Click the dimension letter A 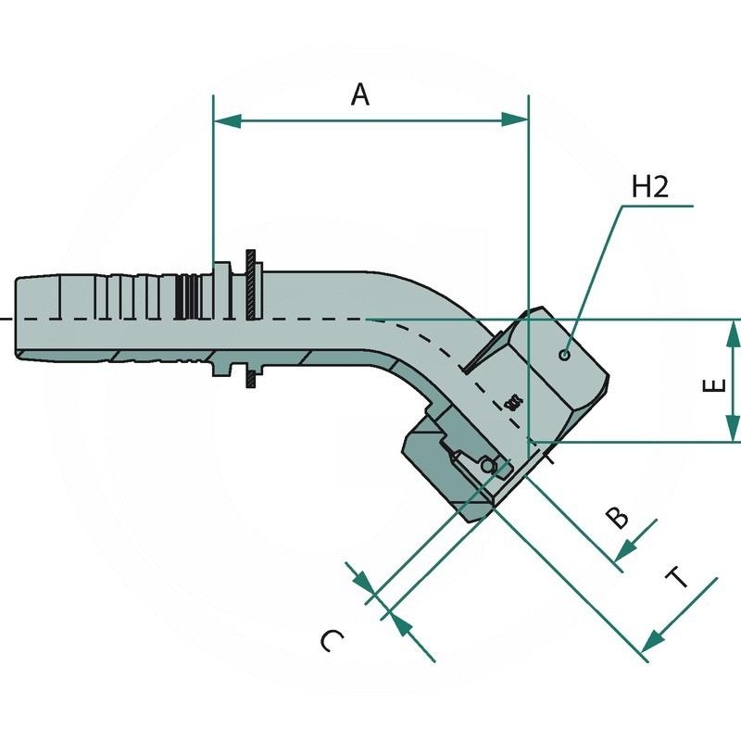(x=361, y=94)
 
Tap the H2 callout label (x=649, y=187)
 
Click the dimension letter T (x=680, y=578)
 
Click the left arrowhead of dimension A (x=227, y=120)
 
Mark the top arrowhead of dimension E (x=733, y=333)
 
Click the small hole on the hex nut (x=565, y=355)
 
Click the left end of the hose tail (x=19, y=318)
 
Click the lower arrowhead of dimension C (x=400, y=622)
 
